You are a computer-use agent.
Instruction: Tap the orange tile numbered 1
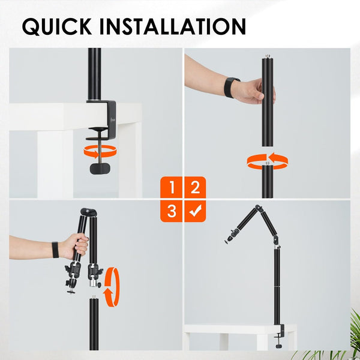click(x=172, y=188)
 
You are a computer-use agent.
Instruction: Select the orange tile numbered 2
click(x=194, y=188)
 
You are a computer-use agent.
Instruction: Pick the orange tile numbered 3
click(x=172, y=211)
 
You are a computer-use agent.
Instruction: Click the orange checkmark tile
click(x=194, y=211)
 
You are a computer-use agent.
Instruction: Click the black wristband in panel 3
click(x=55, y=249)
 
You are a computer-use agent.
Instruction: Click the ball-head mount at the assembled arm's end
click(x=229, y=239)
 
